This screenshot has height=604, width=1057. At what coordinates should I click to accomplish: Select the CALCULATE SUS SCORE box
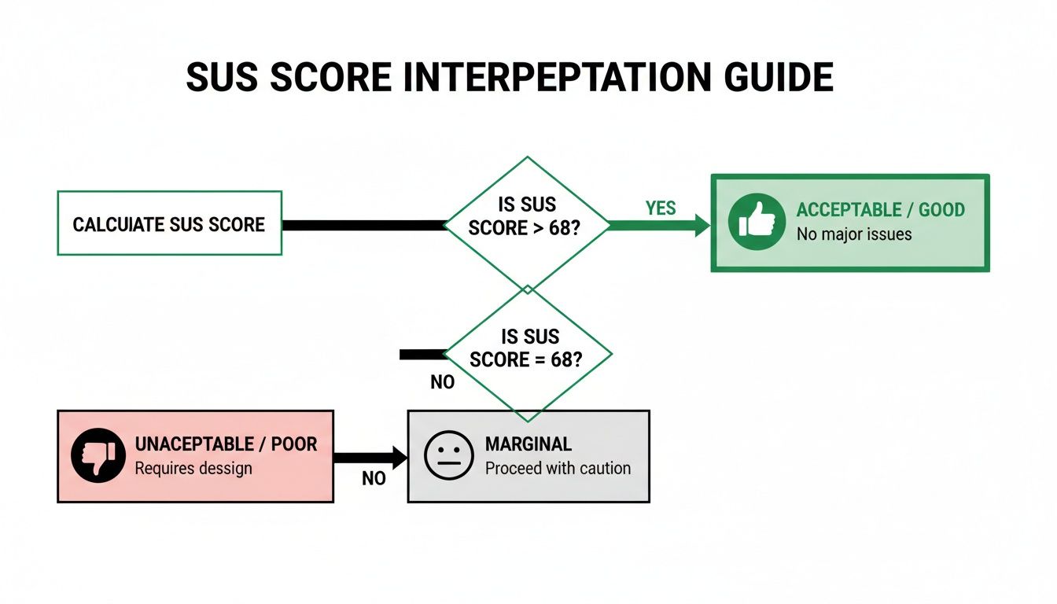169,223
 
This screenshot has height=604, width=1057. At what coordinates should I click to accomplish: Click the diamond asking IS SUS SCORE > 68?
527,223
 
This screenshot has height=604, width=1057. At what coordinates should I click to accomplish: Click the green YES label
661,208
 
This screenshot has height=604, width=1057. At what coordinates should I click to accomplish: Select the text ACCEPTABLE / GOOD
880,210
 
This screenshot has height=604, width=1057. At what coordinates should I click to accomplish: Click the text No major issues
853,234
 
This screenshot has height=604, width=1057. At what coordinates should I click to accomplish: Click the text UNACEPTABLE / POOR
226,444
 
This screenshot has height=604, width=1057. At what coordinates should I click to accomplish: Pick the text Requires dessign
193,468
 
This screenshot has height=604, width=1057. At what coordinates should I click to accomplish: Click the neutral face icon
449,456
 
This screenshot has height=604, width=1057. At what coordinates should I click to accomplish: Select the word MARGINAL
528,444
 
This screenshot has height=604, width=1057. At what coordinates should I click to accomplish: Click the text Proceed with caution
558,468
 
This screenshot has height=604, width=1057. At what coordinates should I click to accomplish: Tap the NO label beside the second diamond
443,383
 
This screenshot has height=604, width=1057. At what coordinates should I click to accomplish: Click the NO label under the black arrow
374,478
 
